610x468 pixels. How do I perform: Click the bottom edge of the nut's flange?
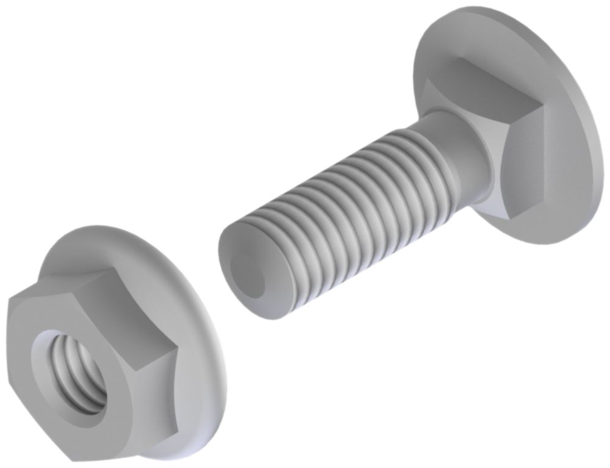click(183, 455)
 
